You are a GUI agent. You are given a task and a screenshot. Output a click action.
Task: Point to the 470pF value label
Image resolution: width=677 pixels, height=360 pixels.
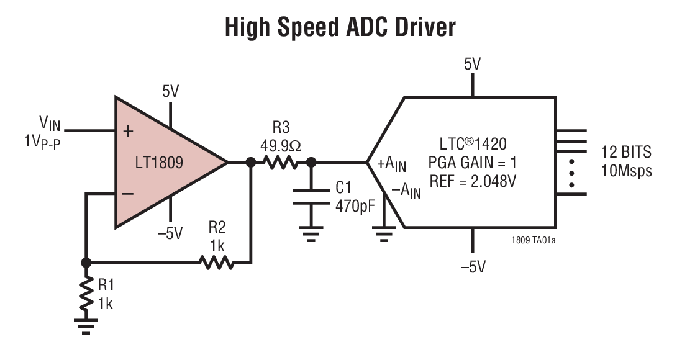(355, 205)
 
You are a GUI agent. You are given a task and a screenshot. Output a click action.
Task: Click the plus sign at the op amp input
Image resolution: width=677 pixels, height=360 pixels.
(129, 131)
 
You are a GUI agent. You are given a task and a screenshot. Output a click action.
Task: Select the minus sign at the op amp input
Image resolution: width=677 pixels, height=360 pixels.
(128, 194)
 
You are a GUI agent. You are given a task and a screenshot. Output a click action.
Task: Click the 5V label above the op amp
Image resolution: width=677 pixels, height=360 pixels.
(170, 92)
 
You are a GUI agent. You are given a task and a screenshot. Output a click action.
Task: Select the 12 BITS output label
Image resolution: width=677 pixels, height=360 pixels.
(625, 151)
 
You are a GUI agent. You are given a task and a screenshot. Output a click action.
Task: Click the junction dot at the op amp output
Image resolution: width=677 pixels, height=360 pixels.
(250, 163)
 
